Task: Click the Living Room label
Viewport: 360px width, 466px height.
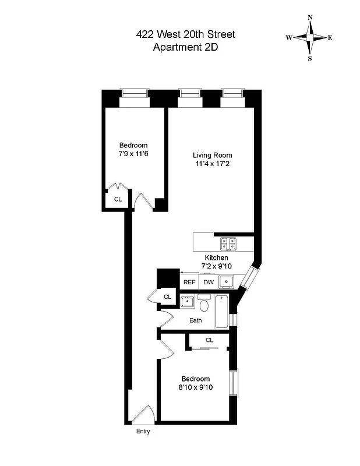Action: (213, 155)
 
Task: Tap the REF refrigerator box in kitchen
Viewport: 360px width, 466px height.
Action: (189, 282)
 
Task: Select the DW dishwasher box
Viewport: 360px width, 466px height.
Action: (209, 282)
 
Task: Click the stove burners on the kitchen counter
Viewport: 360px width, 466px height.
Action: (228, 243)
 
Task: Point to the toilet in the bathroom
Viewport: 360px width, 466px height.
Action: (203, 304)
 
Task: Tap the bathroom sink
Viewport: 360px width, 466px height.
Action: (188, 302)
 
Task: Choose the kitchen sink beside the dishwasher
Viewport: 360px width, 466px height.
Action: (227, 283)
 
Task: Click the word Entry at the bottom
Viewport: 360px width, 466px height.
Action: (143, 432)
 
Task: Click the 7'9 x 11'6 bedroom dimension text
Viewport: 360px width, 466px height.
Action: (133, 154)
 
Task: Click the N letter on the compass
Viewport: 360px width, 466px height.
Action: (310, 17)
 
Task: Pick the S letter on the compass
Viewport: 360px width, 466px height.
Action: (310, 58)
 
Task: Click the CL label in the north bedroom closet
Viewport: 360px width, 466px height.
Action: (118, 199)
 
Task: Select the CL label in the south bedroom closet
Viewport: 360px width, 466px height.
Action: (209, 340)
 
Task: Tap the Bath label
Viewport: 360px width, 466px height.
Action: (196, 320)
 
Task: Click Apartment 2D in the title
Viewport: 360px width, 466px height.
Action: (185, 48)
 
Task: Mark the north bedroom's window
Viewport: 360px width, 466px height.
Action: (135, 93)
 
